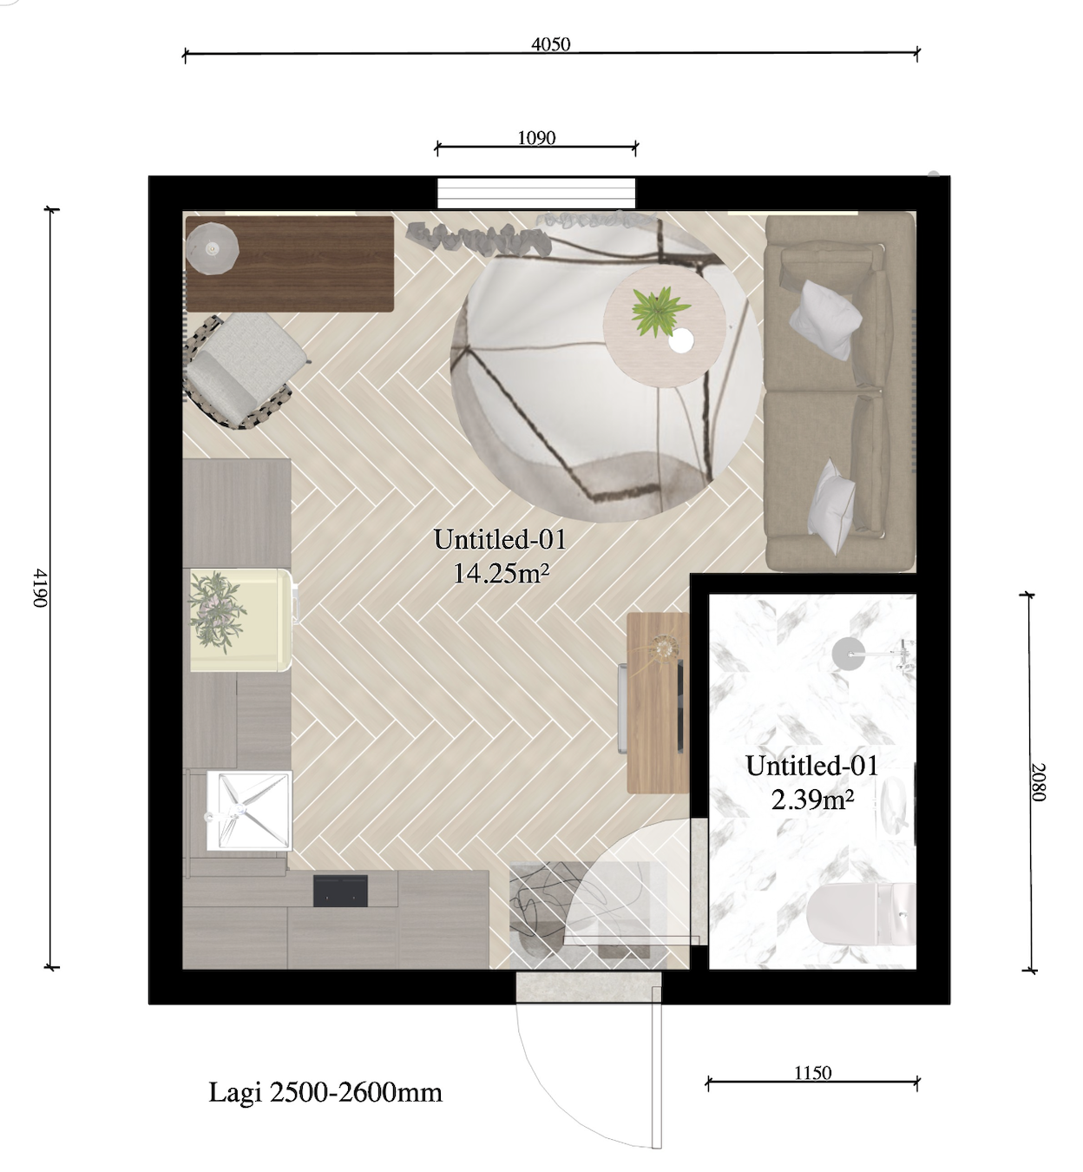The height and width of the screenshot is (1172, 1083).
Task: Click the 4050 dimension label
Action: coord(551,44)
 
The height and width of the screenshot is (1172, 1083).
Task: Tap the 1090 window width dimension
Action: coord(536,138)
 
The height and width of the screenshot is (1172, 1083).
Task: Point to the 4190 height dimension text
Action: coord(40,588)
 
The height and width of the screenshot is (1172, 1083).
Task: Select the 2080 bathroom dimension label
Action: coord(1038,782)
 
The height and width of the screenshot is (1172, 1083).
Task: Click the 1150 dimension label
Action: coord(813,1072)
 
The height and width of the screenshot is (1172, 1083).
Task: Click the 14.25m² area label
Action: coord(501,573)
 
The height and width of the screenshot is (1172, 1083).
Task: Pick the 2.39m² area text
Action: coord(813,800)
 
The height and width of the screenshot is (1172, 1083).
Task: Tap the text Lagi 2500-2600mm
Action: coord(325,1092)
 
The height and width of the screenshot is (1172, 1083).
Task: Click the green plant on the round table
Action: coord(660,311)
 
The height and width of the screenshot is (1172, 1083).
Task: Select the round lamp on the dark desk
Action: coord(212,248)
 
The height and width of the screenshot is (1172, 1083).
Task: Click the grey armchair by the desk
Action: coord(244,371)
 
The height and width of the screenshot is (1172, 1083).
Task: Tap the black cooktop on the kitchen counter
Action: coord(340,891)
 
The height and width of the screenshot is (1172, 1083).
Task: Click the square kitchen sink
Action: coord(249,811)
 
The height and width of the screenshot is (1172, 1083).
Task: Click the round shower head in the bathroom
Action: coord(848,654)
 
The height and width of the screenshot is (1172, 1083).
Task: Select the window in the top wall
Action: coord(536,193)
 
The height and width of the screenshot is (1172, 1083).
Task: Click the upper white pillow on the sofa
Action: coord(825,319)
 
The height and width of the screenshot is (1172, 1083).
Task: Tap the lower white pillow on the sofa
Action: coord(831,506)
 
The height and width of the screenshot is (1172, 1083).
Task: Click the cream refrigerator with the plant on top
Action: coord(240,620)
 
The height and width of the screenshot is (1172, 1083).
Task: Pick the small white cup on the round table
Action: coord(681,340)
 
